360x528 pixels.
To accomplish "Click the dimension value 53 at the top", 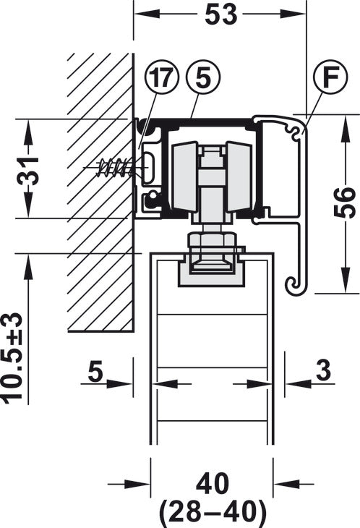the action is (x=220, y=14).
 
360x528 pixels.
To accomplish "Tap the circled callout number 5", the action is (x=203, y=78).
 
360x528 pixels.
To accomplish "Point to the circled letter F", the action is (x=331, y=77).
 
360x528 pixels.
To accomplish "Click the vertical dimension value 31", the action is (x=28, y=171).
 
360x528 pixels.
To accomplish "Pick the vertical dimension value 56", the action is (x=344, y=203).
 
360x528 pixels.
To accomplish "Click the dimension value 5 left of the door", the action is (x=95, y=372).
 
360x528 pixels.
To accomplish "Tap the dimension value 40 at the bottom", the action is (x=213, y=484).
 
